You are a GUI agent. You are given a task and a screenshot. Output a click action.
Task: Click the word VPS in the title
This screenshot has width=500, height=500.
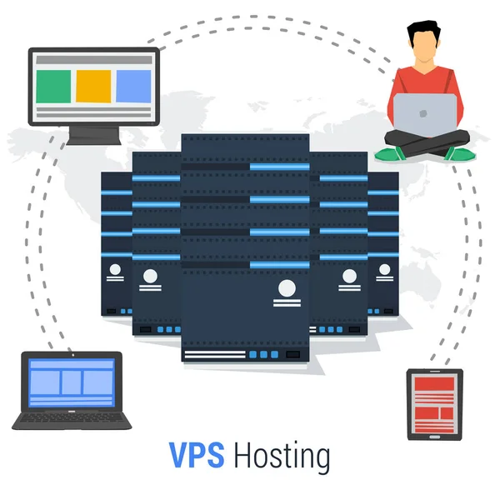(197, 456)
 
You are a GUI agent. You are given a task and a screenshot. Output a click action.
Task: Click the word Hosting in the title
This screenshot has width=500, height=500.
(282, 457)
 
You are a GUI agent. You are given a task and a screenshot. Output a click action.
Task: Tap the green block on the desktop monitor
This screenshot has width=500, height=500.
(55, 85)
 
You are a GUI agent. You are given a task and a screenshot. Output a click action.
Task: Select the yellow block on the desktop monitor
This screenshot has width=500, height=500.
(93, 85)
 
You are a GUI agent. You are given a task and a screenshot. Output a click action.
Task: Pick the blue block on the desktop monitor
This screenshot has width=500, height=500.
(132, 85)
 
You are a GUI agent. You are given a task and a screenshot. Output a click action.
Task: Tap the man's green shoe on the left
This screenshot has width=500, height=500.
(390, 153)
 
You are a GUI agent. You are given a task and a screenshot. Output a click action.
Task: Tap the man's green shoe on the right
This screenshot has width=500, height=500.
(457, 153)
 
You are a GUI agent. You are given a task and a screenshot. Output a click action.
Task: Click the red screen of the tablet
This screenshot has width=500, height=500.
(433, 402)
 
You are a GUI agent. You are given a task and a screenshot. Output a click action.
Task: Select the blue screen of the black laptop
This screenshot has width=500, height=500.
(70, 382)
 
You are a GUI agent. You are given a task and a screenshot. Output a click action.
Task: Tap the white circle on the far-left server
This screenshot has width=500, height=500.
(114, 270)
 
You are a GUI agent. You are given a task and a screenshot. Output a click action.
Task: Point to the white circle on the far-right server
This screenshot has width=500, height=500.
(386, 270)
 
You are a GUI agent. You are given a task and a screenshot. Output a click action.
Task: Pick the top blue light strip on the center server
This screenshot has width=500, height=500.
(279, 167)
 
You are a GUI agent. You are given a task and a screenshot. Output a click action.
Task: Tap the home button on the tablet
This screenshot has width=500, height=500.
(433, 432)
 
